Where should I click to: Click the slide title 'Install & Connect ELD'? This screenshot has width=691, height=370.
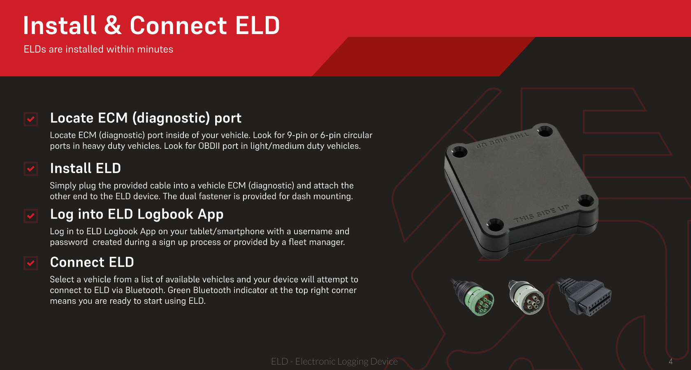[151, 25]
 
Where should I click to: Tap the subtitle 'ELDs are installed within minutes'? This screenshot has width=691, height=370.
[98, 49]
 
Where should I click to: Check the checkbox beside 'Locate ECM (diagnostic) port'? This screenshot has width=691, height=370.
[31, 119]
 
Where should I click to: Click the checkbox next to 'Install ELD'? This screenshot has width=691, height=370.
[31, 169]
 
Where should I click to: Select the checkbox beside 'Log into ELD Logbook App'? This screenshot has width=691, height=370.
[31, 215]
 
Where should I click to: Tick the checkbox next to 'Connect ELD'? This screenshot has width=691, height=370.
[31, 263]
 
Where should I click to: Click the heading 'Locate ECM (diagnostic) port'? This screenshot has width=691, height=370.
[146, 118]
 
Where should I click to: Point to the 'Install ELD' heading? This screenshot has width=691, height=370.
[86, 169]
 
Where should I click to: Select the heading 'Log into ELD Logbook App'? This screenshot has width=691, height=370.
[137, 214]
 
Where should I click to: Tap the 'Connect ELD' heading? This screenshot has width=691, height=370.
[92, 262]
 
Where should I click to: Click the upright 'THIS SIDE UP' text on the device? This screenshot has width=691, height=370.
[541, 213]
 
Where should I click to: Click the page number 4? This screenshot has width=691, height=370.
[670, 361]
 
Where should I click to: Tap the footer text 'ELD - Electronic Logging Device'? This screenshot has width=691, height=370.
[334, 361]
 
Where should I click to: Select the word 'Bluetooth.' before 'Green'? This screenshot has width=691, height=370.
[145, 290]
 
